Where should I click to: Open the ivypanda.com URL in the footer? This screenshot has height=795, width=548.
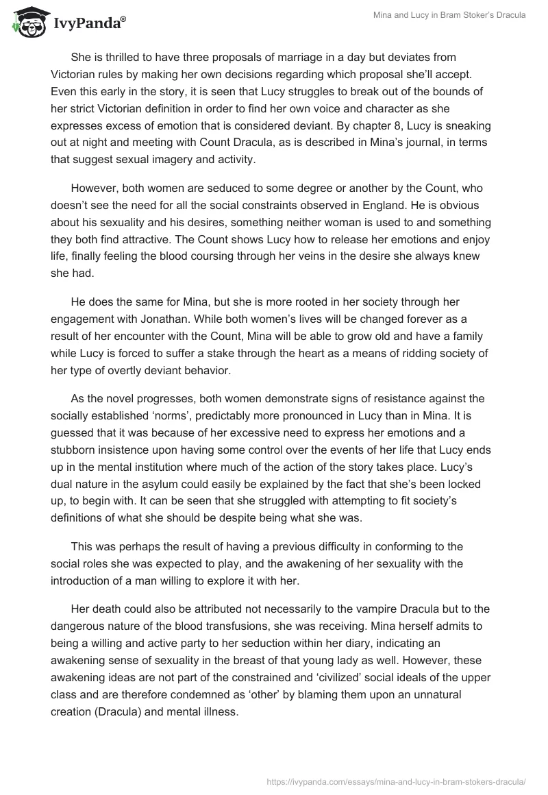coord(396,780)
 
